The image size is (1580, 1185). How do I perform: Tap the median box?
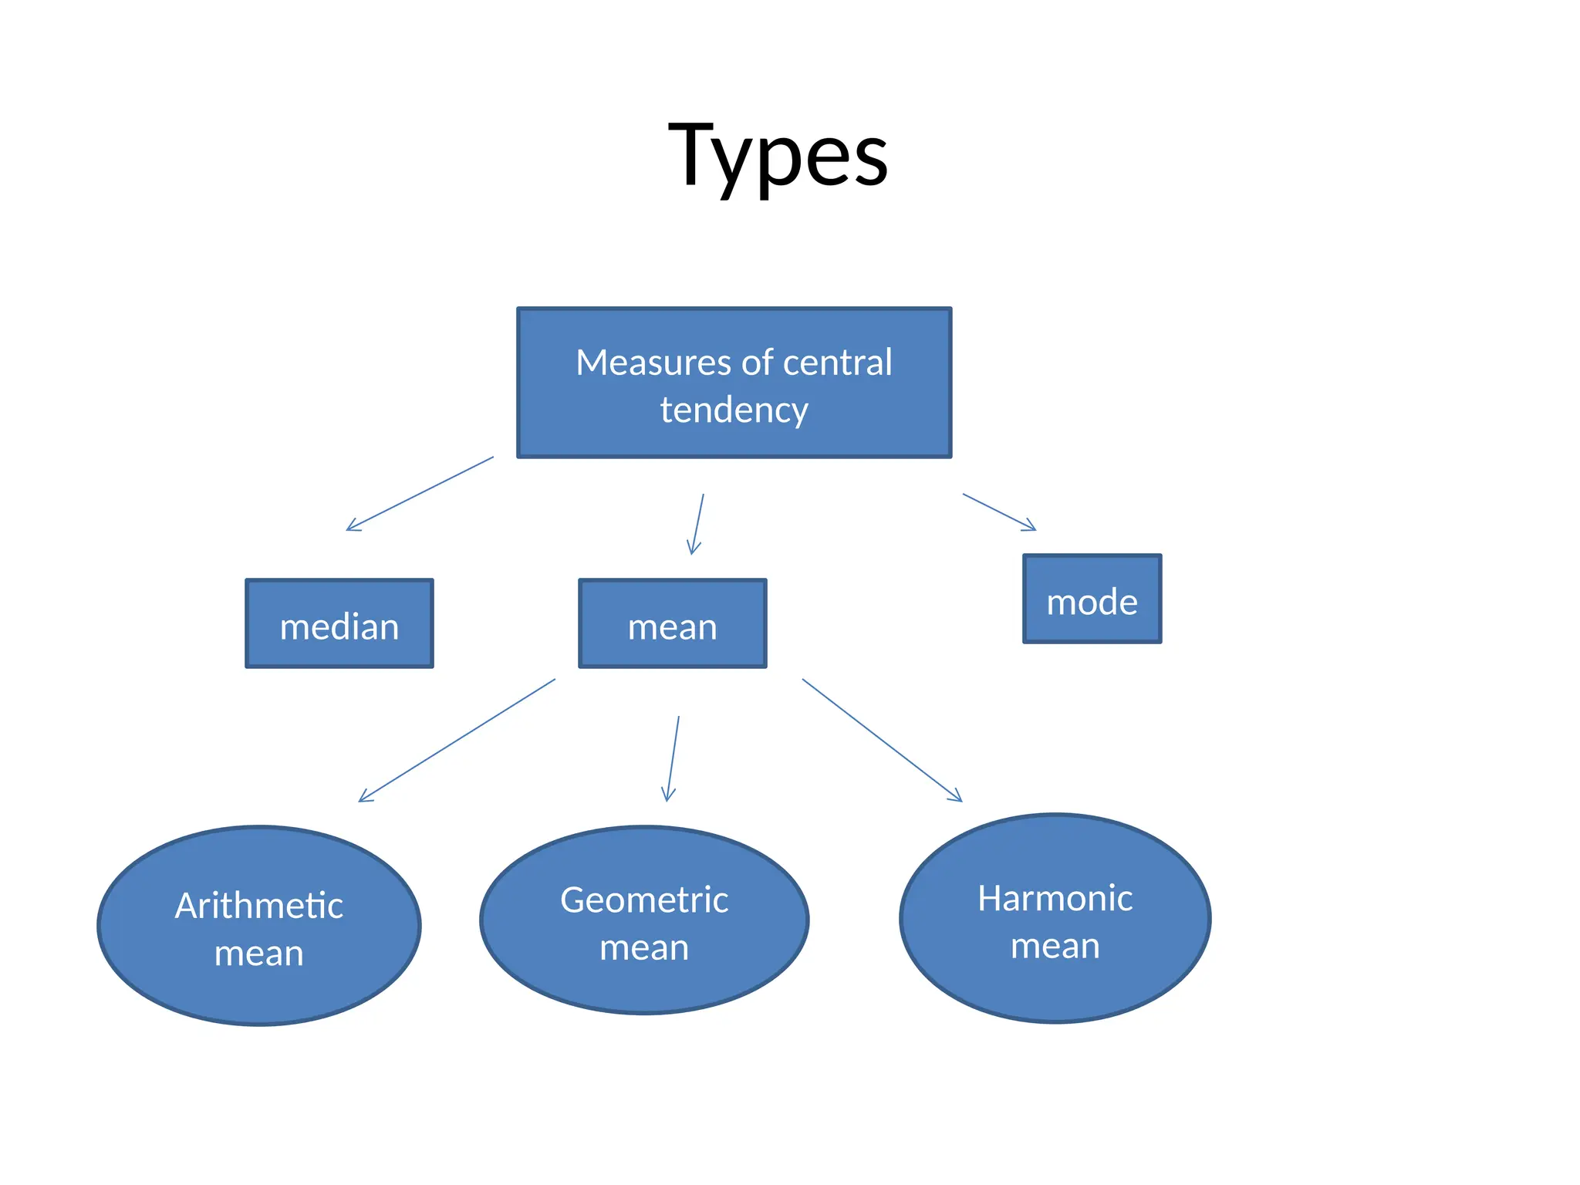pos(339,623)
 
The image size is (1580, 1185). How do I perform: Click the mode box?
pos(1092,599)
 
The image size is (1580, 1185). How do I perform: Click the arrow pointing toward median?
pos(420,493)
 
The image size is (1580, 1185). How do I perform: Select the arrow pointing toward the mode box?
pos(999,511)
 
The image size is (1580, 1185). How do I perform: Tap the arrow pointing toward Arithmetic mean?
pos(457,740)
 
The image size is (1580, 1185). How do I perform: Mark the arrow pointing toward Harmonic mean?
pos(882,740)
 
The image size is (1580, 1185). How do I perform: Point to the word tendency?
pos(734,410)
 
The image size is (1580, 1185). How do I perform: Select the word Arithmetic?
pos(259,906)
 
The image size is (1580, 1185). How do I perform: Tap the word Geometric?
pos(644,900)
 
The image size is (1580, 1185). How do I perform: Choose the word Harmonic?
pos(1055,899)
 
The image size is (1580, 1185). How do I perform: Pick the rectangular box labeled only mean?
pos(672,623)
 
